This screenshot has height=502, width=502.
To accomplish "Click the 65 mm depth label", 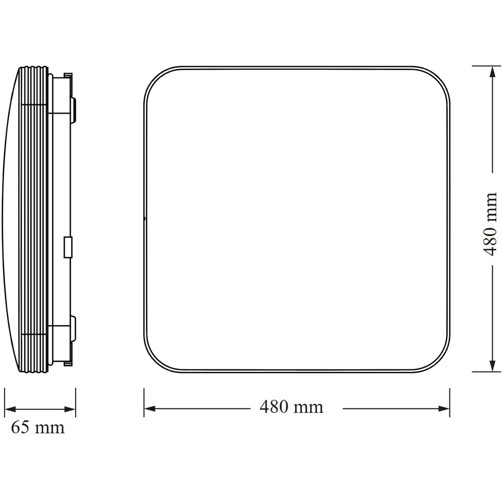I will pyautogui.click(x=38, y=428).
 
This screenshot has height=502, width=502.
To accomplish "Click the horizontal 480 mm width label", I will pyautogui.click(x=291, y=407).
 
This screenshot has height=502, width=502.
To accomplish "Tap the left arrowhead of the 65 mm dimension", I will pyautogui.click(x=8, y=408).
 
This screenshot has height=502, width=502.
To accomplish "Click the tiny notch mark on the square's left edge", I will pyautogui.click(x=145, y=219).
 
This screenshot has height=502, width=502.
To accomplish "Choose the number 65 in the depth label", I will pyautogui.click(x=20, y=428).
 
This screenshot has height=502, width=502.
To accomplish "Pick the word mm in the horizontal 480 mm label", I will pyautogui.click(x=310, y=407).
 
